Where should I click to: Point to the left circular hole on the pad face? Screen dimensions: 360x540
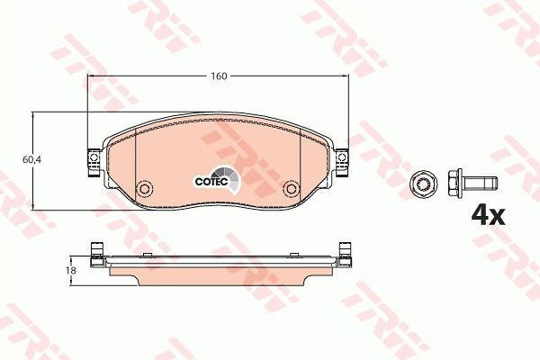[144, 190]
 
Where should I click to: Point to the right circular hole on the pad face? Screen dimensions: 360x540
[291, 190]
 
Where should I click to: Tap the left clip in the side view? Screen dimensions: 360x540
[94, 251]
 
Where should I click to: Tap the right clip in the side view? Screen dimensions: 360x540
[342, 251]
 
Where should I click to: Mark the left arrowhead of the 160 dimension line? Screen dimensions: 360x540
[90, 76]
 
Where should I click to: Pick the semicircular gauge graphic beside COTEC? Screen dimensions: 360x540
[231, 182]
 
